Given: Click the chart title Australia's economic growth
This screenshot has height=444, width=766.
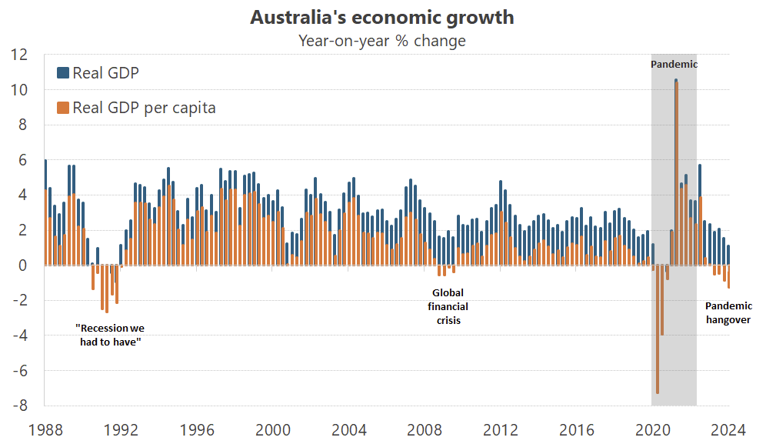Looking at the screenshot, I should pos(382,17).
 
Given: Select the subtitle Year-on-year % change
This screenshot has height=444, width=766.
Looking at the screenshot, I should pos(382,41).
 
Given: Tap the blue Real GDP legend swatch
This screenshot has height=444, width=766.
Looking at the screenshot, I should pos(63,73).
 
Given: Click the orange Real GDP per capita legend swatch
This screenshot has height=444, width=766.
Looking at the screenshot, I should pos(63,107).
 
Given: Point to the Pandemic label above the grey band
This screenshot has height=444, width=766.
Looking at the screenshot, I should pos(674,65).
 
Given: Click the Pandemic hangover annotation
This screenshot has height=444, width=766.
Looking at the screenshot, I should pos(728,312).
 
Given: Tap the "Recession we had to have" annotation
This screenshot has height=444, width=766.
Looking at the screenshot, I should pos(110,335).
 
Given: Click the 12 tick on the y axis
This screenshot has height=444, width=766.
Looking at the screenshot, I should pos(18,55).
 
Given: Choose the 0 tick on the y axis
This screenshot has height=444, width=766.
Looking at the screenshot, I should pos(23,265).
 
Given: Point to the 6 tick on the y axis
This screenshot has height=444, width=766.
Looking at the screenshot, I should pos(23,160).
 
